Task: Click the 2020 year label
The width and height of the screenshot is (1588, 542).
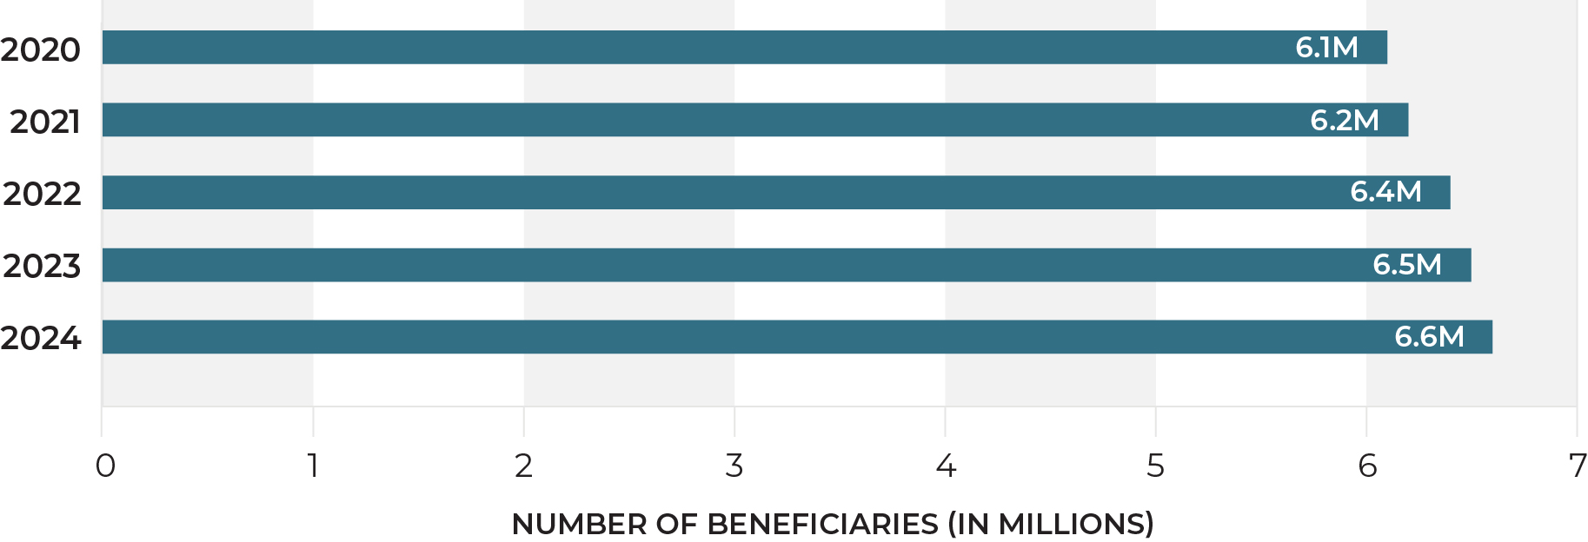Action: click(41, 50)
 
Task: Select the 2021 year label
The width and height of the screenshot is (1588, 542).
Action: click(45, 122)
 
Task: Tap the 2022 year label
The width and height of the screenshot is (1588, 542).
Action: click(42, 194)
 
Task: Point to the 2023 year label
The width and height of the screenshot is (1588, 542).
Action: click(42, 266)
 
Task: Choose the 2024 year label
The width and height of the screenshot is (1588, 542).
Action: click(41, 338)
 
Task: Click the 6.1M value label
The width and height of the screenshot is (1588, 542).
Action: click(1326, 48)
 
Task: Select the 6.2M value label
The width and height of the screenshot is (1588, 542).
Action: click(1344, 120)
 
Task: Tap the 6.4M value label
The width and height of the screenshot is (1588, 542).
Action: click(1385, 192)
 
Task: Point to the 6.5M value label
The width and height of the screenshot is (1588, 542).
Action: click(1406, 264)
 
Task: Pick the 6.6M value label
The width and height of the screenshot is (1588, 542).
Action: click(1429, 336)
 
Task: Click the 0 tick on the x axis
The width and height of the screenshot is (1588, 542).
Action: click(105, 466)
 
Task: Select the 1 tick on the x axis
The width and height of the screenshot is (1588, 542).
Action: click(313, 466)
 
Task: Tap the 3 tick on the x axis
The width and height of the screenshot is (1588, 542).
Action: click(734, 466)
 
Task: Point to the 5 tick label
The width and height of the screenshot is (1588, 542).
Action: click(1155, 466)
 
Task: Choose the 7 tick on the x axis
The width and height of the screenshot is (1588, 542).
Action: click(1577, 466)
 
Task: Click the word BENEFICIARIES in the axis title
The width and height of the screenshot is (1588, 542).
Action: click(822, 525)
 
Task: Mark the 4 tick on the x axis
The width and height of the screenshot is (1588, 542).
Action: click(946, 466)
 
